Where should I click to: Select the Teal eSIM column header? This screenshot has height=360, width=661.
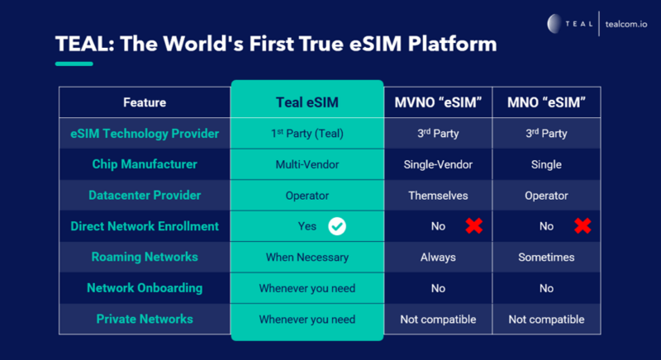click(307, 102)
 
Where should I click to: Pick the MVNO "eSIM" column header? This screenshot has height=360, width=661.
click(438, 102)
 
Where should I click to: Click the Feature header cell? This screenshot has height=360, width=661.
click(145, 102)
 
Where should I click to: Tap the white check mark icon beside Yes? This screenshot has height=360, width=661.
click(336, 225)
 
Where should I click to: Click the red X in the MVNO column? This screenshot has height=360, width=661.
click(473, 225)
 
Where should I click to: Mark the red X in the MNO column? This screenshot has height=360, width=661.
click(583, 225)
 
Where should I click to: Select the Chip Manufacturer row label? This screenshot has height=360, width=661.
click(145, 164)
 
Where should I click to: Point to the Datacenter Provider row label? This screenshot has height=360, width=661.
click(145, 195)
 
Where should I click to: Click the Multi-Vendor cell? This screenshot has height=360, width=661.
click(307, 164)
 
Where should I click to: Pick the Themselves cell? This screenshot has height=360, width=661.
click(438, 195)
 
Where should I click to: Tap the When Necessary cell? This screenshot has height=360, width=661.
click(307, 257)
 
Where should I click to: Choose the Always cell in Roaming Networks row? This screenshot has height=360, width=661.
click(438, 257)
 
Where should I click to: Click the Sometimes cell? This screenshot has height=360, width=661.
click(545, 257)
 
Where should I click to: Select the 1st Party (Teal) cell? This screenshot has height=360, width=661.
click(307, 133)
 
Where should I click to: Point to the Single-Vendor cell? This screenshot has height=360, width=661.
click(438, 164)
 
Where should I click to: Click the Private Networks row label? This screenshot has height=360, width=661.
click(145, 319)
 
